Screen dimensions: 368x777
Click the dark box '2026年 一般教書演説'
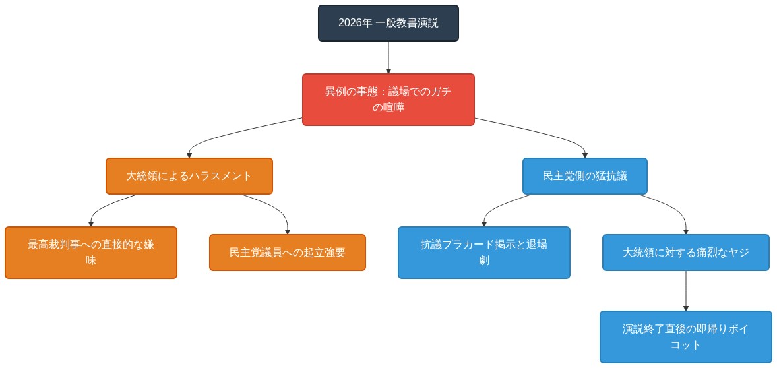(x=388, y=23)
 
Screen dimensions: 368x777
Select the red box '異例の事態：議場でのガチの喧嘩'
(x=388, y=100)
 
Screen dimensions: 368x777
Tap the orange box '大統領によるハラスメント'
(x=189, y=176)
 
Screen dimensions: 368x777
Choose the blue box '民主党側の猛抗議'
(x=584, y=176)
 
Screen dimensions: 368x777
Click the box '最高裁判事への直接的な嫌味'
(x=91, y=253)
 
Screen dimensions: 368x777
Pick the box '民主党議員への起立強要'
(x=287, y=253)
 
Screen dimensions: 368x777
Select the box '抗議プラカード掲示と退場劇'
(x=483, y=253)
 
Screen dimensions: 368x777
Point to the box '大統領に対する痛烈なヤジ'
(x=685, y=253)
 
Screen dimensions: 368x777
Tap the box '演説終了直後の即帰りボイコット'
(x=685, y=337)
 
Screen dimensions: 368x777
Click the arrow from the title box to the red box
(x=388, y=57)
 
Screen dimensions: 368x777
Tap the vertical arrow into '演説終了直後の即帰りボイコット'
(x=685, y=291)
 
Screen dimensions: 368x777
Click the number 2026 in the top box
(x=350, y=23)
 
